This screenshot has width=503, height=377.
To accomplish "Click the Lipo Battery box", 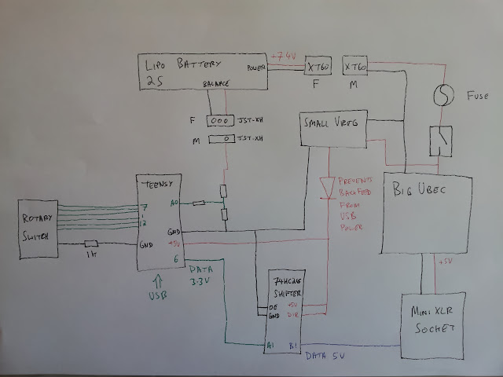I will click(x=203, y=71).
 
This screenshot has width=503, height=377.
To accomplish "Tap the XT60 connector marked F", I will click(x=318, y=68).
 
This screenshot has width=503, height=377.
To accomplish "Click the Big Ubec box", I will click(x=427, y=212).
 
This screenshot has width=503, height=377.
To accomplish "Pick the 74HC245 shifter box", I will click(x=281, y=306).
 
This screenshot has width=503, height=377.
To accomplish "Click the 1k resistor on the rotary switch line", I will click(x=91, y=244).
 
